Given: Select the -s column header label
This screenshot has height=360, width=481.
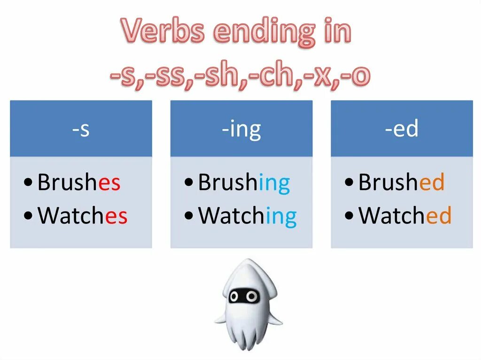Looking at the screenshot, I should tap(81, 129).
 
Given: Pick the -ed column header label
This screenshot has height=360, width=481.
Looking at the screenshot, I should tap(402, 129).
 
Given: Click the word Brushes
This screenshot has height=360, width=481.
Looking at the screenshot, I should tap(79, 183).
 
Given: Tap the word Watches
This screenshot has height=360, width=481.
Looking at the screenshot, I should tap(83, 216).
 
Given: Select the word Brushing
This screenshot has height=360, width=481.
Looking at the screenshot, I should tap(244, 183).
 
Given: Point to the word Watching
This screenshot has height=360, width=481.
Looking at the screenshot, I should tap(248, 216).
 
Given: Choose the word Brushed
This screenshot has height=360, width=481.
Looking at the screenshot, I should tap(401, 183).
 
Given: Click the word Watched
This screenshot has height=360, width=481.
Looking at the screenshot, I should tap(405, 216).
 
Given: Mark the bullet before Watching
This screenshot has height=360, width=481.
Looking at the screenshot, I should tap(189, 216).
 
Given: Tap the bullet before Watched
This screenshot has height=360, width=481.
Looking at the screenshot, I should tap(349, 216).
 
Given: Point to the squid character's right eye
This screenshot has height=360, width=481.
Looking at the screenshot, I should tap(253, 296).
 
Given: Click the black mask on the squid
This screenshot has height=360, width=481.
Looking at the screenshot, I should tap(243, 296).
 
